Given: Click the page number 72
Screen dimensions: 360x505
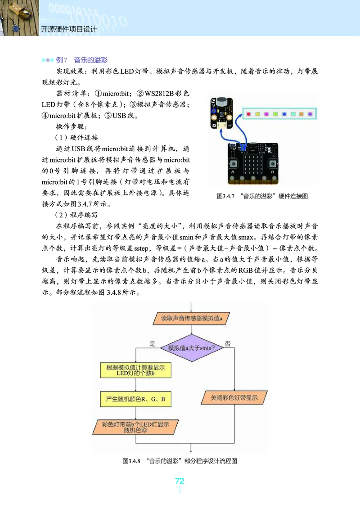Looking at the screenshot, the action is click(180, 481).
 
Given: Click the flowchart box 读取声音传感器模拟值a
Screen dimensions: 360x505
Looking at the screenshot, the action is click(193, 318).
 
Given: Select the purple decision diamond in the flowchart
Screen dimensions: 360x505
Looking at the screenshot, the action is click(192, 347).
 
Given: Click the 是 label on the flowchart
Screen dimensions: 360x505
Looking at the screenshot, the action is click(152, 344).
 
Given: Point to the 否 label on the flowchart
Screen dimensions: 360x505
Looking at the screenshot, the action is click(228, 344).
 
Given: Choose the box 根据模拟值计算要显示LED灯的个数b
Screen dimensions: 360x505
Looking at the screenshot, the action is click(135, 370).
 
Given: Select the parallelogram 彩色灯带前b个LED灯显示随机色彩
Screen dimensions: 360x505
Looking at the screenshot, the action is click(135, 426).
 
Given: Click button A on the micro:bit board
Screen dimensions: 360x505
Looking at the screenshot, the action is click(233, 164).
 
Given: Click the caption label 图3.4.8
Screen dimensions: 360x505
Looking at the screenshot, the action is click(131, 461).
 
